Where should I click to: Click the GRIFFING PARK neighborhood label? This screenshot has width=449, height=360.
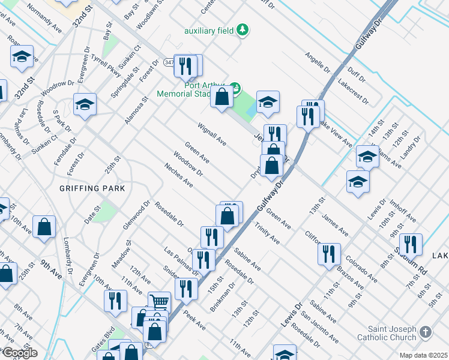tap(92, 188)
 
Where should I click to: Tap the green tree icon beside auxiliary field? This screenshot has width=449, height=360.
tap(242, 29)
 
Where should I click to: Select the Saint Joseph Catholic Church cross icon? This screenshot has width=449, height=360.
tap(425, 332)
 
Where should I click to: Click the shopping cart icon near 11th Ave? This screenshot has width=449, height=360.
tap(159, 301)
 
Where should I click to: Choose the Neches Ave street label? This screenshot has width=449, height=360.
tap(178, 174)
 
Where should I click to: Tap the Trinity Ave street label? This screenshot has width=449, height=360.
tap(267, 233)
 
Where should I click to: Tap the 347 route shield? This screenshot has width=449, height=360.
tap(170, 62)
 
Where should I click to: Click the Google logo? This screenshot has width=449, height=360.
tap(20, 353)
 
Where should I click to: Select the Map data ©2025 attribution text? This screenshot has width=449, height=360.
tap(423, 355)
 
